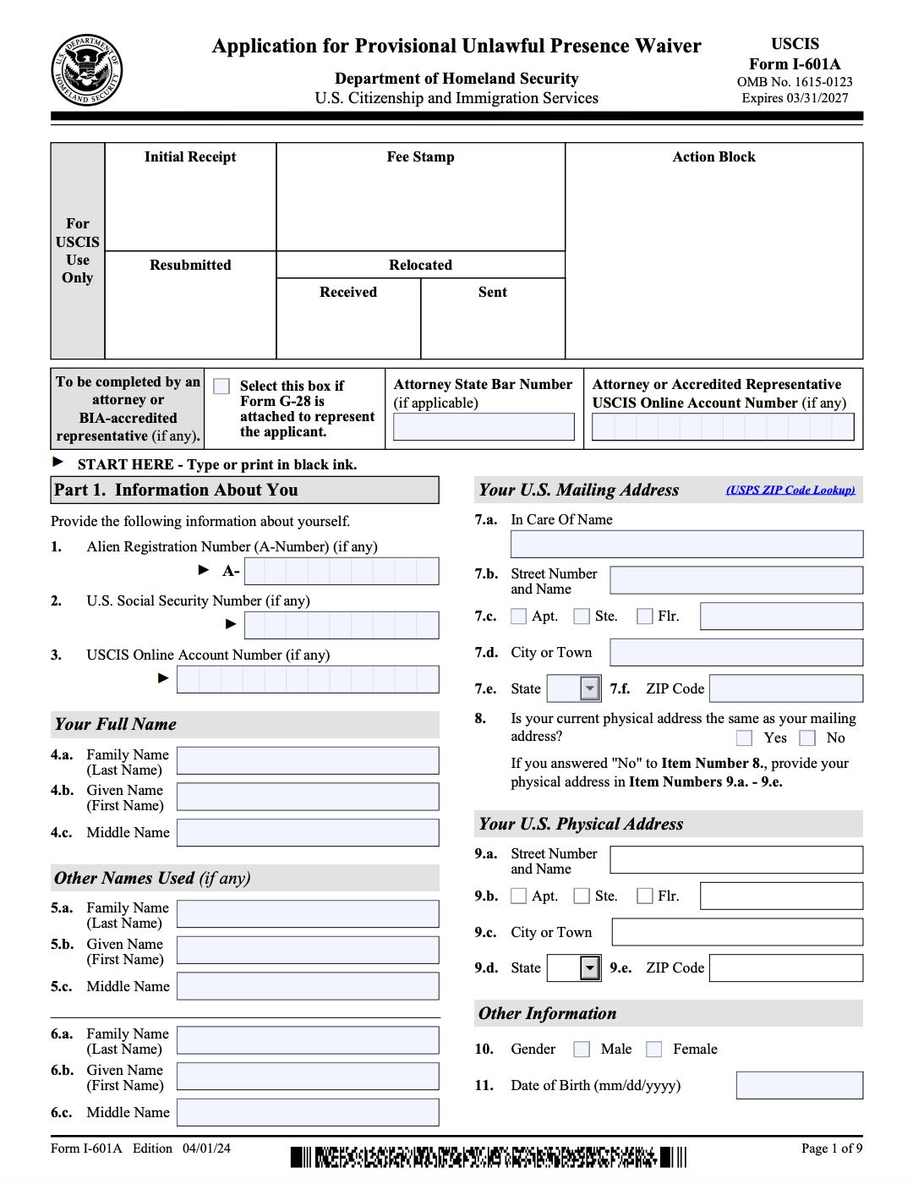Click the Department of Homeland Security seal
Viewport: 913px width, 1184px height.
click(86, 69)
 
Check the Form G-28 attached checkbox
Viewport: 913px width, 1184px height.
click(221, 386)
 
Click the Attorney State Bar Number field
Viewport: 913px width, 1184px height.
click(484, 427)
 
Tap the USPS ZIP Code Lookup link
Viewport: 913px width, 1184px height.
click(790, 490)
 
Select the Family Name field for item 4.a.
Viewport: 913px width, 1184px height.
click(308, 760)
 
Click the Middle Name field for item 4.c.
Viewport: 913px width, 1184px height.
click(308, 832)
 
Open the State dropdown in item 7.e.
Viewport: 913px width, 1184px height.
click(589, 688)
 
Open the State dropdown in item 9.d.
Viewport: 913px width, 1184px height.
click(589, 967)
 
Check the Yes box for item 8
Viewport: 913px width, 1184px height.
click(744, 738)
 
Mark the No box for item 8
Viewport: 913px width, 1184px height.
click(807, 738)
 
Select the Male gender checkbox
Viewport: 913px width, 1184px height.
click(582, 1050)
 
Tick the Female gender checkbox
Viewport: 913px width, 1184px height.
click(653, 1050)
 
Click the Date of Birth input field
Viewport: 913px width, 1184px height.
click(799, 1085)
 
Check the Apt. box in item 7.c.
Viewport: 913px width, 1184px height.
click(518, 617)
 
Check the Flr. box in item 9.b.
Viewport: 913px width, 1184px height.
click(644, 896)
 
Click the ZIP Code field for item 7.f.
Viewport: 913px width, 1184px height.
click(785, 688)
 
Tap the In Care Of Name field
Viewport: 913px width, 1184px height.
click(686, 544)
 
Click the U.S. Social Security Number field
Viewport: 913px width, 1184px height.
click(342, 625)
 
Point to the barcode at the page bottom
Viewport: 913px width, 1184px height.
click(489, 1157)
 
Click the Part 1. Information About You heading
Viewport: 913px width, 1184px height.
click(244, 491)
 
